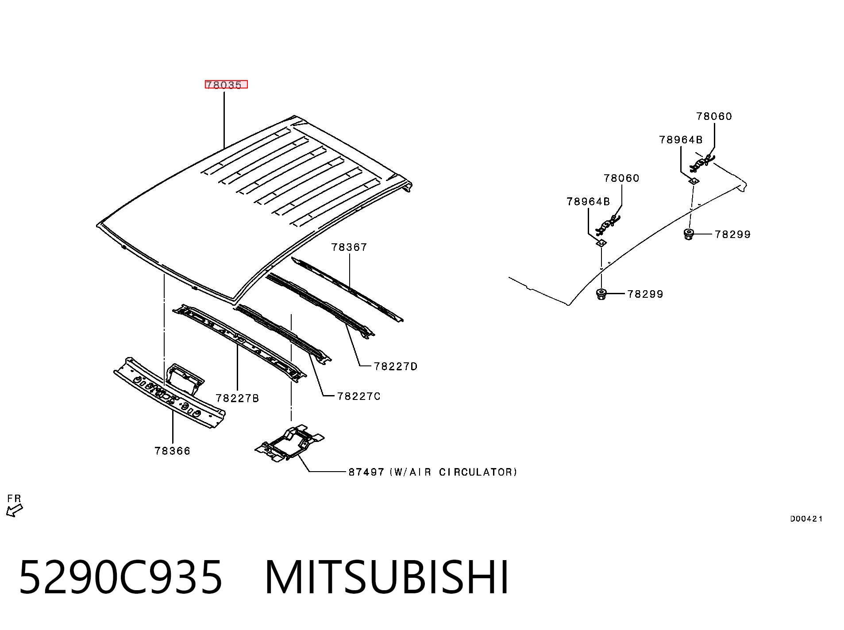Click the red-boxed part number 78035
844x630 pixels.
226,85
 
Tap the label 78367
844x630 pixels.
349,247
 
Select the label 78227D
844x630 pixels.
396,366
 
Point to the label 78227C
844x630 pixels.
359,396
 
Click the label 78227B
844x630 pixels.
237,398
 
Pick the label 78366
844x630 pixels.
173,451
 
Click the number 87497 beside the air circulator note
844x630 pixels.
366,472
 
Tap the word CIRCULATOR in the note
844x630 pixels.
478,472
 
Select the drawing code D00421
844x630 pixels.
806,519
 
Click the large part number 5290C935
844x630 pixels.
120,577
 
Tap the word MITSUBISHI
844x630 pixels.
387,577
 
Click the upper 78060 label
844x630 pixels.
714,116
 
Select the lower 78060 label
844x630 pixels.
622,178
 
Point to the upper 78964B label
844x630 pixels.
681,140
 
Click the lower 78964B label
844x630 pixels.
588,202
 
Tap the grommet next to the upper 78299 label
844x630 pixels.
688,234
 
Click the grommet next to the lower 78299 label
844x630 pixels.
601,294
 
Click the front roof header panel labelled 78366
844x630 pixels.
170,393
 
